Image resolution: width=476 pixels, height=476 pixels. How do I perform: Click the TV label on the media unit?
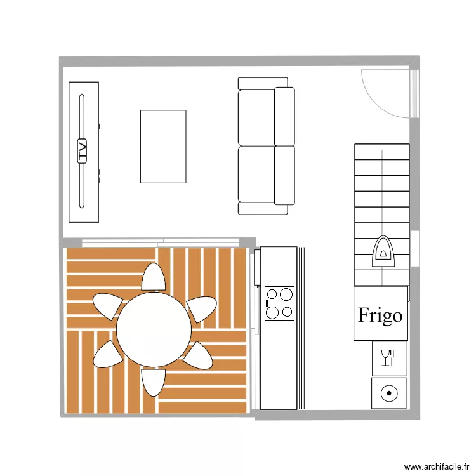point(82,152)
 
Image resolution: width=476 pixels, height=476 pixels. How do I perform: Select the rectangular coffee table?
point(163,147)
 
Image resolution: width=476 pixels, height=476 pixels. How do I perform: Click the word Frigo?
point(380,315)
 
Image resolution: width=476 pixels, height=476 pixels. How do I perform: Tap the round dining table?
point(154,329)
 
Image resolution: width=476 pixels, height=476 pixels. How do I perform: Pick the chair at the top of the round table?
point(154,277)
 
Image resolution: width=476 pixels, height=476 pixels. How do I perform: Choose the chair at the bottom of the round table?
point(153,382)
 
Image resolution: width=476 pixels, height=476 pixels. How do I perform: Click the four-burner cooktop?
point(280,303)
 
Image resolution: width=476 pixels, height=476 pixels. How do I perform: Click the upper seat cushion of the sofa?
point(256,117)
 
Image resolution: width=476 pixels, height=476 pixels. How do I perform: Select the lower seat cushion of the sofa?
point(256,175)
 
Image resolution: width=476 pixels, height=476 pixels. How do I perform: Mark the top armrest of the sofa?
point(263,83)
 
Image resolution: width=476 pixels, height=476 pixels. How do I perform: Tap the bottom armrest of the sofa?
point(263,209)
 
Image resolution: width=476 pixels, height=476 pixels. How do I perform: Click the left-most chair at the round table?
point(107,305)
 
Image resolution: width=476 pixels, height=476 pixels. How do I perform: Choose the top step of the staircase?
point(382,152)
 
